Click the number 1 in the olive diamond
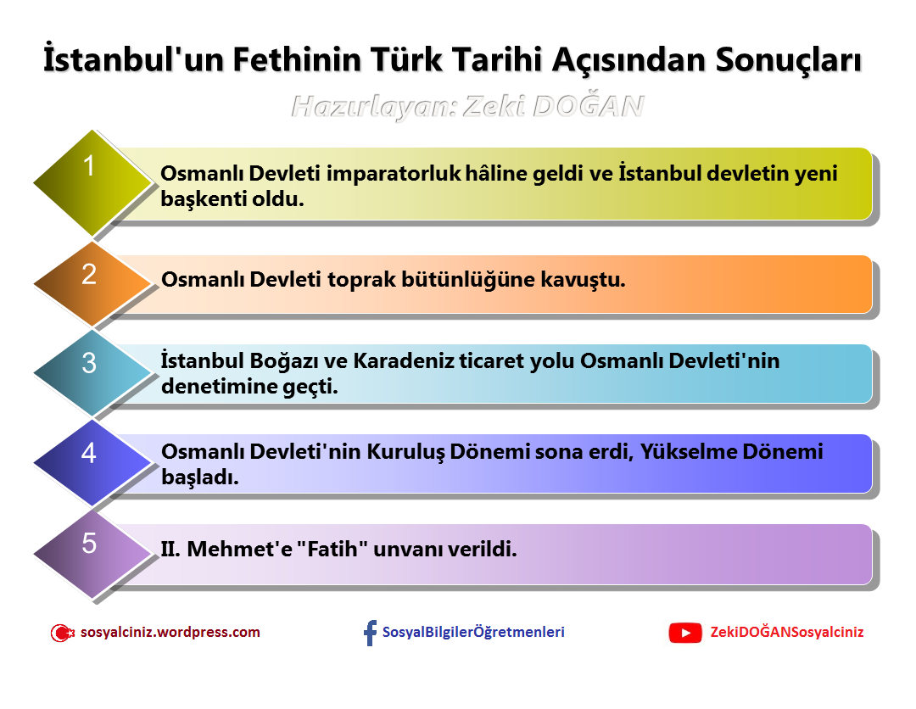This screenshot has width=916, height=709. [x=89, y=166]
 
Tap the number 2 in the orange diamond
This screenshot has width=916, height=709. [x=89, y=274]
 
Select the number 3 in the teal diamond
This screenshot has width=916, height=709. [x=89, y=363]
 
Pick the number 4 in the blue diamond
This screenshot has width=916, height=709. [x=89, y=453]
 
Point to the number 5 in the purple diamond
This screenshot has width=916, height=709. [x=89, y=543]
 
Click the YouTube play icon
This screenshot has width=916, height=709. [x=685, y=633]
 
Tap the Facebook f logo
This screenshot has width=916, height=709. [x=370, y=633]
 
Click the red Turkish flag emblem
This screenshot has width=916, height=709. [x=62, y=633]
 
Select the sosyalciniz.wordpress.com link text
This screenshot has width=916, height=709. [x=170, y=632]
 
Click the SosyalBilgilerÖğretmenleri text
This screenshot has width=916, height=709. [x=473, y=632]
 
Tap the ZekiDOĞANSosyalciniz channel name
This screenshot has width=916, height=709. [x=786, y=632]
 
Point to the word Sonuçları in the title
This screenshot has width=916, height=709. [x=789, y=61]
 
